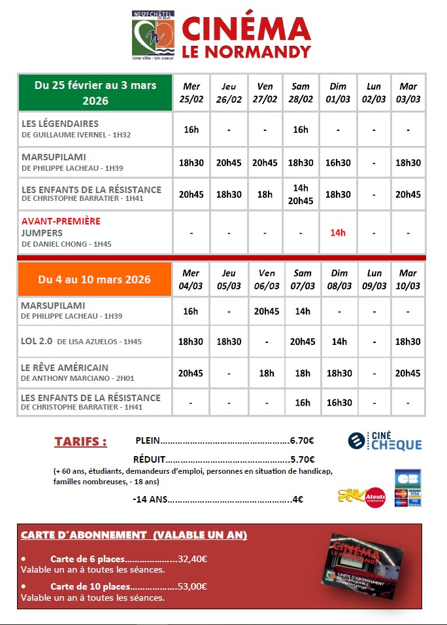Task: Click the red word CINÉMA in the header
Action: click(x=245, y=30)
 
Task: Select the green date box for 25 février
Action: click(x=95, y=93)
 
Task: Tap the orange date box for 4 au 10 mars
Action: click(x=95, y=279)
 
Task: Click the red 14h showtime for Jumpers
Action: click(x=338, y=232)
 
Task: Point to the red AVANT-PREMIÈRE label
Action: click(x=61, y=221)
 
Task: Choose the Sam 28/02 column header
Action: click(x=301, y=93)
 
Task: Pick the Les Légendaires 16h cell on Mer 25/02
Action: click(x=191, y=130)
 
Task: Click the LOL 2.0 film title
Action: click(x=37, y=341)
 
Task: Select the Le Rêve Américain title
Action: click(x=65, y=368)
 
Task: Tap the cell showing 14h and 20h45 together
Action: click(x=301, y=194)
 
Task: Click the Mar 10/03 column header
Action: click(x=408, y=279)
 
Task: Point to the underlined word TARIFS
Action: click(x=80, y=441)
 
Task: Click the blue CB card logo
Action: click(x=408, y=478)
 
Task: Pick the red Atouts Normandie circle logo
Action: click(x=375, y=497)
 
